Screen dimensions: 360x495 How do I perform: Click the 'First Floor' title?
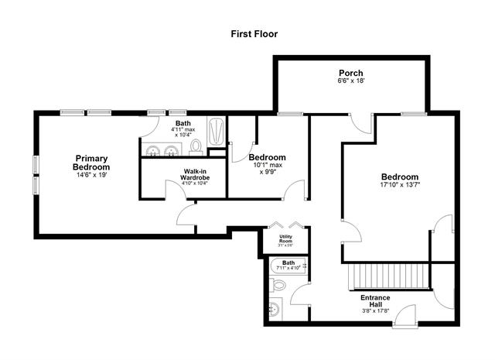pos(254,34)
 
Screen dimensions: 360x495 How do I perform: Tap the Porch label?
pos(350,74)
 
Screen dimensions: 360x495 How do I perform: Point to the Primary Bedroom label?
pos(91,162)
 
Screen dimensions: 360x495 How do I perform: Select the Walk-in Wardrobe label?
pos(195,174)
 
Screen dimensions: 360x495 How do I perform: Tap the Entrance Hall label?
pos(375,301)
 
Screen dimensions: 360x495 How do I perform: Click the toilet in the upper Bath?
pos(196,146)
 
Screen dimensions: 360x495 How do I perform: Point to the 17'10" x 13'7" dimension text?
pos(399,185)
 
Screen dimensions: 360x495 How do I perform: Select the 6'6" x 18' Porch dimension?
pos(350,81)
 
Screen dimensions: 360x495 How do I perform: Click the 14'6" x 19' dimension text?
pos(91,176)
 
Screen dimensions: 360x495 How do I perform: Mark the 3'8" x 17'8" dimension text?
pos(375,312)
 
